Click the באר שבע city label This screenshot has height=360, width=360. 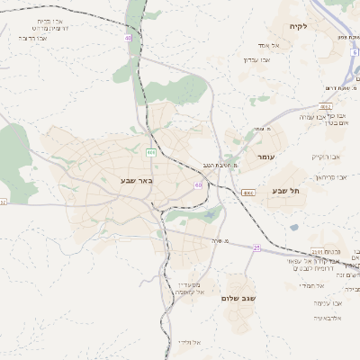[x=138, y=180]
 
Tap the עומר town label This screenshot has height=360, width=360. [x=275, y=157]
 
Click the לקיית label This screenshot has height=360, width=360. [x=299, y=26]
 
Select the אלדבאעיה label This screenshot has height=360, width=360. [x=328, y=318]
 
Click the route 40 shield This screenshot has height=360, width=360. [x=129, y=39]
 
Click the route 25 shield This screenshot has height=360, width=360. [x=256, y=247]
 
